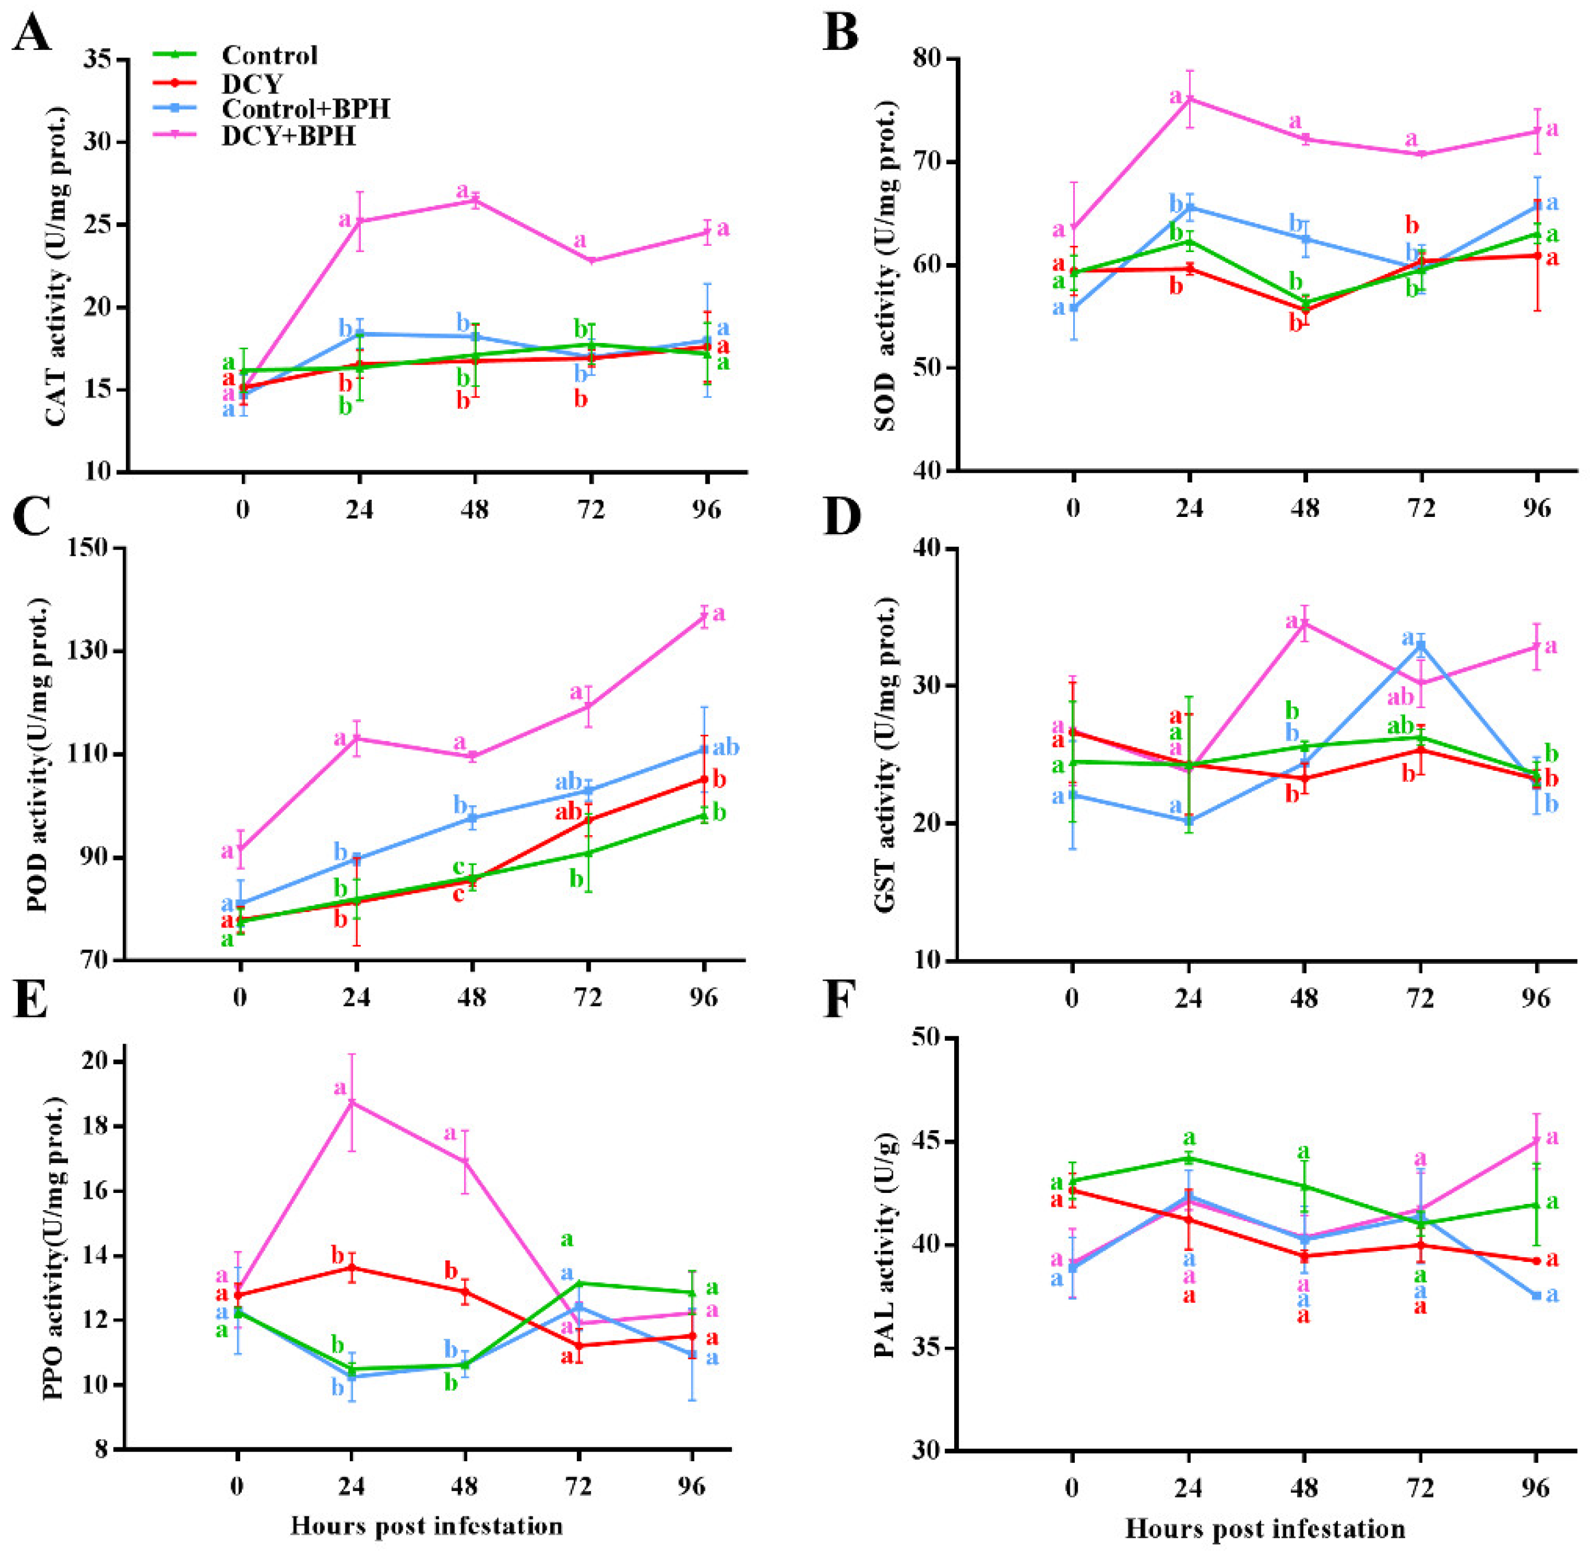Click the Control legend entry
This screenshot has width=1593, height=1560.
click(x=269, y=56)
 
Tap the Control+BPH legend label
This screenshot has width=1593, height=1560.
click(x=305, y=109)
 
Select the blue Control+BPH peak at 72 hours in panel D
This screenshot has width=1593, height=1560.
click(x=1421, y=644)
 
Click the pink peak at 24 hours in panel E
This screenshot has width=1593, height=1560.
click(x=352, y=1102)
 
